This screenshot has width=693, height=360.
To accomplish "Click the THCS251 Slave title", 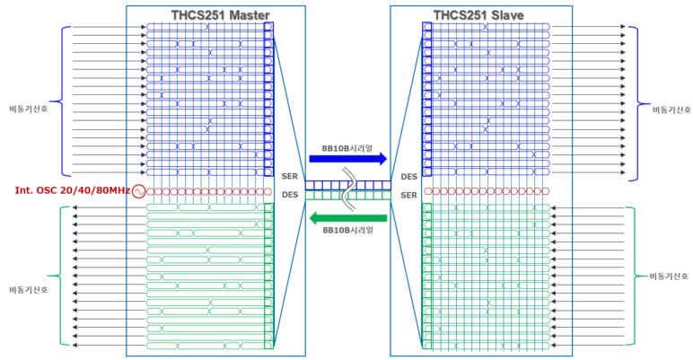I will click(x=478, y=14).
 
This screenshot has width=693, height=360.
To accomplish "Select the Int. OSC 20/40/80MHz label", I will click(x=73, y=191).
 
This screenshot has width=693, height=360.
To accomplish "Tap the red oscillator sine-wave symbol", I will click(x=139, y=191).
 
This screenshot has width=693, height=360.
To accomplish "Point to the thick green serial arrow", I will click(x=347, y=217).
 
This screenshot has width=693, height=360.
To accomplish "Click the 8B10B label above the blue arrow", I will click(x=347, y=147).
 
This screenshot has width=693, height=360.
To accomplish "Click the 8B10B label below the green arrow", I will click(x=347, y=230).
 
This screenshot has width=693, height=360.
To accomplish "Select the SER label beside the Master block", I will click(x=289, y=177).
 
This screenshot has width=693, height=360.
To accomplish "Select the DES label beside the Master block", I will click(x=289, y=195).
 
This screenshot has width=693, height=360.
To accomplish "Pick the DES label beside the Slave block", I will click(x=408, y=177).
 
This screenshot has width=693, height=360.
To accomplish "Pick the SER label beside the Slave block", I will click(x=408, y=195).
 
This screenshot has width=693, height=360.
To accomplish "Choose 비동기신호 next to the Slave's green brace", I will click(x=669, y=276).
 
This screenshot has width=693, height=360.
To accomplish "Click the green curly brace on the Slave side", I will click(x=632, y=276).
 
